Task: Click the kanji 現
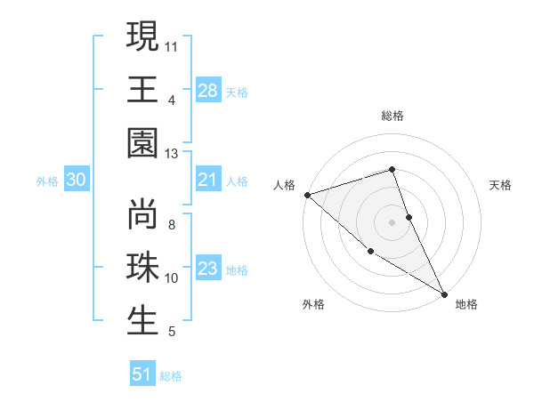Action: coord(143,37)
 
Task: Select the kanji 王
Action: coord(143,89)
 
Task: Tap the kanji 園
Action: coord(143,142)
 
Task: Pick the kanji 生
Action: coord(143,320)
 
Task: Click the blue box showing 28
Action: coord(208,90)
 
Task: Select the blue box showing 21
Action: coord(208,181)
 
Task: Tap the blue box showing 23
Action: coord(208,269)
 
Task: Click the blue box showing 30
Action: coord(76,181)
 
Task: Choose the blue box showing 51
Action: coord(142,374)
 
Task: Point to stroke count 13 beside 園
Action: coord(171,154)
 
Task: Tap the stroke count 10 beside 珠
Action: coord(172,278)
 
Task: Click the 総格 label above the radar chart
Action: coord(392,116)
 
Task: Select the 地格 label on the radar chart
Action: coord(466,304)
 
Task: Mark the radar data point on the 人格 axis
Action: coord(306,194)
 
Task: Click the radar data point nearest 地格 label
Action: coord(444,293)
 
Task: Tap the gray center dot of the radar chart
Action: coord(392,221)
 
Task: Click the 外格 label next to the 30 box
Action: coord(47,181)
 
